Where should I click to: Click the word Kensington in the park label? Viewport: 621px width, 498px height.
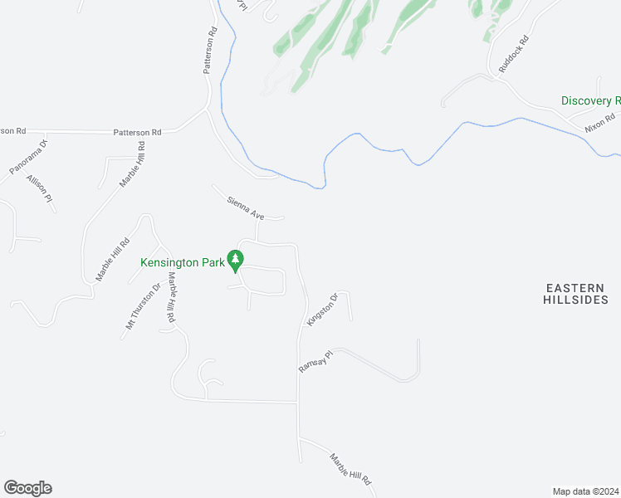(x=169, y=262)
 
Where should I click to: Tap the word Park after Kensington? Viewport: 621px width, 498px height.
(x=213, y=262)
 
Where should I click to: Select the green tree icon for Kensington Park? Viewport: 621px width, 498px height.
(x=236, y=261)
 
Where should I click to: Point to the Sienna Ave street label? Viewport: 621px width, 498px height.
(x=246, y=208)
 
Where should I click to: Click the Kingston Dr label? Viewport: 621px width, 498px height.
(x=323, y=309)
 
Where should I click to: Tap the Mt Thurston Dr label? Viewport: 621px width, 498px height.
(x=143, y=306)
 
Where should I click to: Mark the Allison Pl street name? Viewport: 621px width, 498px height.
(x=39, y=188)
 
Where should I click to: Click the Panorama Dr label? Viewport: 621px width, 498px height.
(x=29, y=157)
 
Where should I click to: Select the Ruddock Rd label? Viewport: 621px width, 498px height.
(x=513, y=55)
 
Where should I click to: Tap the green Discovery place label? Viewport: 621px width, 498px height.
(x=590, y=100)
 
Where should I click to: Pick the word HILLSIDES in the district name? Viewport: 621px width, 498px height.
(x=575, y=300)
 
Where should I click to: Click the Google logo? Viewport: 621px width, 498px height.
(x=27, y=488)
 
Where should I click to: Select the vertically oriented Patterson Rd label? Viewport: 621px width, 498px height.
(x=211, y=51)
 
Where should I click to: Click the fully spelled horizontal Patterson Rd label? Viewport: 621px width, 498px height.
(x=138, y=132)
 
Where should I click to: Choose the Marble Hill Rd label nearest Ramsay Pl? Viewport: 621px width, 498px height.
(x=349, y=470)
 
